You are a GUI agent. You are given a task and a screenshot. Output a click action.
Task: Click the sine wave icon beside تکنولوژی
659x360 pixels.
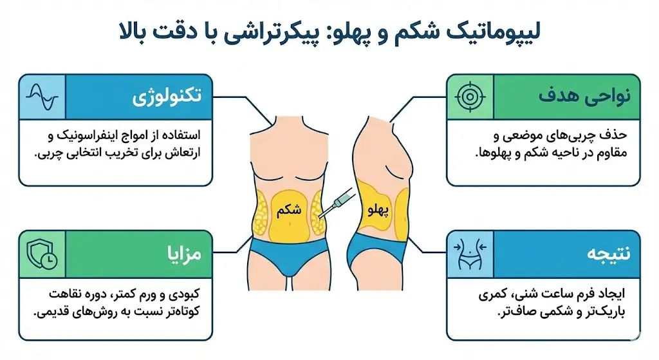[42, 97]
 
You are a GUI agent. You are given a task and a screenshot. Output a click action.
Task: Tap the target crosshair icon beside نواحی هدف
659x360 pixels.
[470, 97]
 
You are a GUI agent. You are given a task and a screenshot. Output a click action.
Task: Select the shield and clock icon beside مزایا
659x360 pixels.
[42, 254]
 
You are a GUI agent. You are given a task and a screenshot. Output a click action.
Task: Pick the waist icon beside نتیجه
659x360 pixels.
[470, 254]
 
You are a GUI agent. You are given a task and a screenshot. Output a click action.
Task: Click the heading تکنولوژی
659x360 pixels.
[167, 97]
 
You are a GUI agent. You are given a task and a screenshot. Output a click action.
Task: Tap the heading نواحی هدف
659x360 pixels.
[584, 95]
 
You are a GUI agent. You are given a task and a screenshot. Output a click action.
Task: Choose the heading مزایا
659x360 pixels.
[184, 254]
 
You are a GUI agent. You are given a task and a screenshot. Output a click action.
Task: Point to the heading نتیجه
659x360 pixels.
[608, 254]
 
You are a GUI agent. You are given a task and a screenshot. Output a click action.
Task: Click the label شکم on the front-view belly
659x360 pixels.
[289, 210]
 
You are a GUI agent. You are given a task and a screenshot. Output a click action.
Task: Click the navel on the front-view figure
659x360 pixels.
[290, 223]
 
